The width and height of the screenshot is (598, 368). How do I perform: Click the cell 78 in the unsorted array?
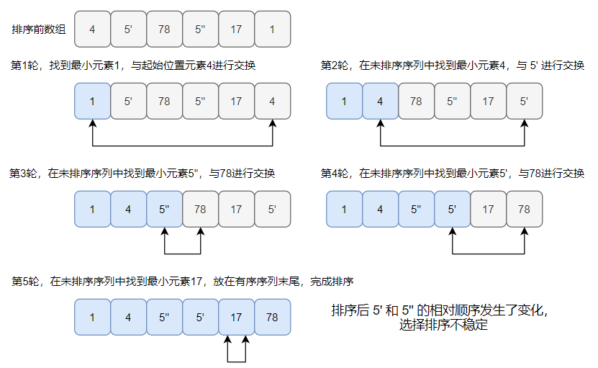164,29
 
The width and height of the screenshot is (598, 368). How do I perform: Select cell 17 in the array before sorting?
237,29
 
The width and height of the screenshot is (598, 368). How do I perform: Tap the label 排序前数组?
39,30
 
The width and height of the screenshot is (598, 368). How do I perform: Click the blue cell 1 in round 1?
92,101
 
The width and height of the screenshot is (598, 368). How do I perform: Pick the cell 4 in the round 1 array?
272,101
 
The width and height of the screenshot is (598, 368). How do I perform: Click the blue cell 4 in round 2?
380,101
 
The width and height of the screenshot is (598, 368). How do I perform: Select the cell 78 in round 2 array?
416,101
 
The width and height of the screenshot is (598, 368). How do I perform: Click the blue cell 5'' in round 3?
164,210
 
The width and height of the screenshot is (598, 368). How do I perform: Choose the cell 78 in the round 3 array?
200,210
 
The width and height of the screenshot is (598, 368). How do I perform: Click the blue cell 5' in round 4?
452,210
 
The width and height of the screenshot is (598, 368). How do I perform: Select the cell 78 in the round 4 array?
524,210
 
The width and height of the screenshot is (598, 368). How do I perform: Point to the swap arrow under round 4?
488,253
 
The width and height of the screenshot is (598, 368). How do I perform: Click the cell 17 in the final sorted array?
236,317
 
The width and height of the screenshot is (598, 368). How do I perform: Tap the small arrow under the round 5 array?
236,353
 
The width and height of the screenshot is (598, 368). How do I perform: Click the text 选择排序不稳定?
443,326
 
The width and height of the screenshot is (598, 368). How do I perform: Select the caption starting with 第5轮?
184,282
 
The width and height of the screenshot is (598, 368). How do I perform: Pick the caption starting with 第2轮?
452,66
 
